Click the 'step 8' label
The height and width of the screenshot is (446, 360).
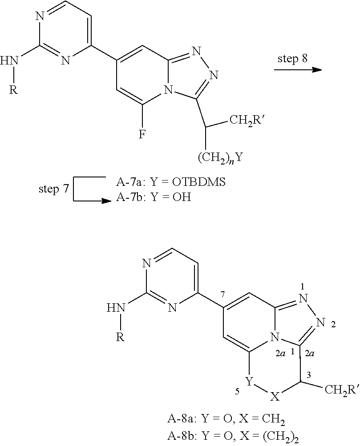[292, 59]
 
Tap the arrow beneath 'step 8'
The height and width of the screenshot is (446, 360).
[297, 70]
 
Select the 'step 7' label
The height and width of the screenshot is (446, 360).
[53, 189]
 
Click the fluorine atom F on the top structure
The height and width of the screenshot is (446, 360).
[142, 134]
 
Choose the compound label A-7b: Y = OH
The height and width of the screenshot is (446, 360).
[154, 197]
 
